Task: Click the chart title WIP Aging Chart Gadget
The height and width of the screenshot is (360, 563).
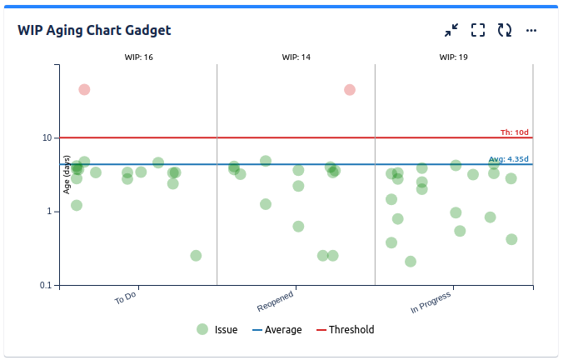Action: [94, 30]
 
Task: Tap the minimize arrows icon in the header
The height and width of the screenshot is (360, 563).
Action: [451, 30]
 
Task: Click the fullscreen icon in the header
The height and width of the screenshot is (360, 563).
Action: [478, 30]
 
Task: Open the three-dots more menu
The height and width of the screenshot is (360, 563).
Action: [531, 30]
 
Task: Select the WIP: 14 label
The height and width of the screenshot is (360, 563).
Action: [296, 57]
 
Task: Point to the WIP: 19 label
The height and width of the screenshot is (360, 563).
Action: [453, 57]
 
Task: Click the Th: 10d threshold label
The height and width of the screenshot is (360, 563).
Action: [514, 132]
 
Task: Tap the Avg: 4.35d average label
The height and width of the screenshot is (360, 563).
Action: [508, 158]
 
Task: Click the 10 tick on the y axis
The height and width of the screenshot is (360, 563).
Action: [47, 137]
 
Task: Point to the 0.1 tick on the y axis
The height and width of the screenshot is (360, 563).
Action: [46, 285]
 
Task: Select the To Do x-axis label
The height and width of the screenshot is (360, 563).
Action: [126, 297]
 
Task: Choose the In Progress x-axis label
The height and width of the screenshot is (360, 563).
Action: [431, 302]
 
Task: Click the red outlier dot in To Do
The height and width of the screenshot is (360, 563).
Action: [84, 90]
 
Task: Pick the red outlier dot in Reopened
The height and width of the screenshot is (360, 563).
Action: [350, 90]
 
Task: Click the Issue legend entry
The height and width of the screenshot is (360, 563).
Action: [217, 330]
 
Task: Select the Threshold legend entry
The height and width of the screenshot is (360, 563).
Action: [345, 330]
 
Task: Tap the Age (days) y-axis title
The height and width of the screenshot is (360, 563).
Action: [66, 175]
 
